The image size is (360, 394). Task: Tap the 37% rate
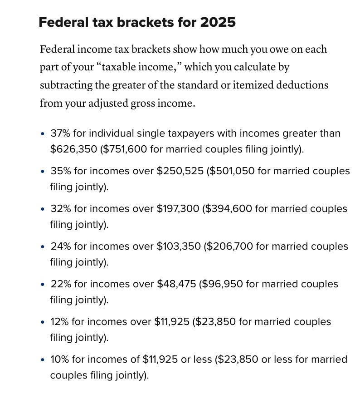(x=59, y=133)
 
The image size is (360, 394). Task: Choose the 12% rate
(x=59, y=322)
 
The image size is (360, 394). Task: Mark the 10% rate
(x=59, y=360)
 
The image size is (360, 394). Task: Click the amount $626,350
(x=73, y=149)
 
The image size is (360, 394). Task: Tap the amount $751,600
(x=126, y=149)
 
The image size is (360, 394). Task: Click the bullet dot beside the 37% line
(x=42, y=134)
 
